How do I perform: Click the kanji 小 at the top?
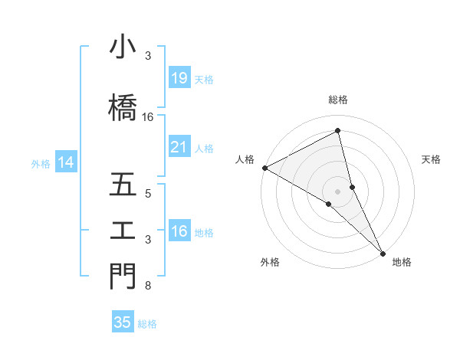[x=122, y=48]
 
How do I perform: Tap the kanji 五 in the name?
[x=122, y=185]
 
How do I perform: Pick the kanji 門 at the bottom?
[x=122, y=276]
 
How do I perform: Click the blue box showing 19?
[x=179, y=78]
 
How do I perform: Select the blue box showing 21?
[x=179, y=148]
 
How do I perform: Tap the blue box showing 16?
[x=179, y=232]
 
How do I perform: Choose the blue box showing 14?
[x=65, y=162]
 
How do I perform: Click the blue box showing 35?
[x=122, y=322]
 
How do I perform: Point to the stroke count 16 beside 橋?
[x=148, y=117]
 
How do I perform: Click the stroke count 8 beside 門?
[x=147, y=286]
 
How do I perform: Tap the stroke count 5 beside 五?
[x=147, y=194]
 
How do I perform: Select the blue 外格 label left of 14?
[x=41, y=163]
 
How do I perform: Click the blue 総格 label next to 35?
[x=147, y=323]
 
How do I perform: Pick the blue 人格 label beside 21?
[x=204, y=149]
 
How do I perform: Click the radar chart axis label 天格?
[x=431, y=159]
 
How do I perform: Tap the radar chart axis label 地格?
[x=402, y=262]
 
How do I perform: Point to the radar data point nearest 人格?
[x=264, y=168]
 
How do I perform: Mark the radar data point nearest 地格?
[x=383, y=252]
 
